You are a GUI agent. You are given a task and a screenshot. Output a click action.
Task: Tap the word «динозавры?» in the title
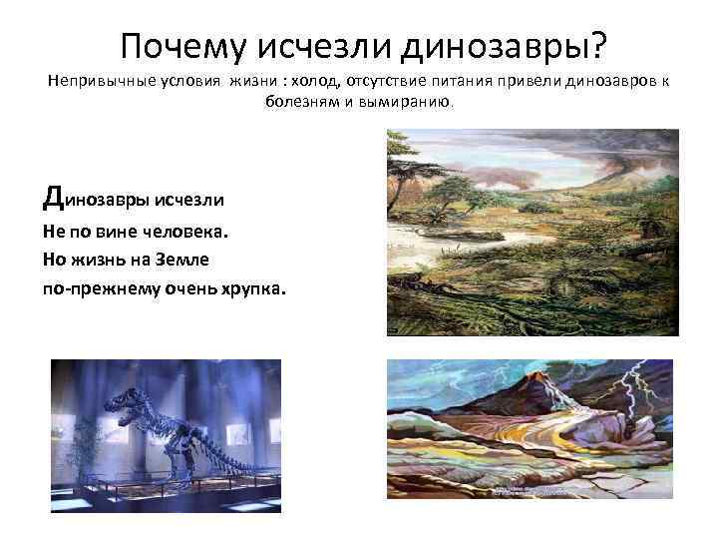coord(509,45)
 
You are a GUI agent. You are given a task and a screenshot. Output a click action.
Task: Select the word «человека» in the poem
coord(183,231)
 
